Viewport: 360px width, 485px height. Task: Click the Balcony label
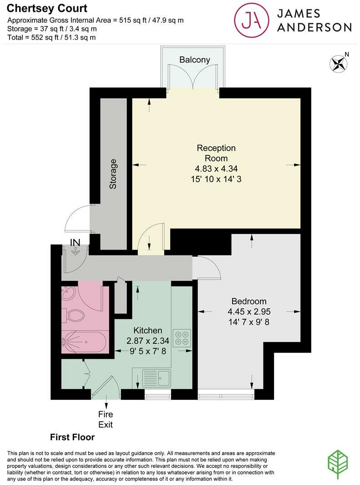194,60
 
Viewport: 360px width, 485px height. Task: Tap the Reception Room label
216,153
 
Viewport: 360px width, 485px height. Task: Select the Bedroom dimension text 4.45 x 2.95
249,311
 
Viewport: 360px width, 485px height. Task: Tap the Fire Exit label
106,419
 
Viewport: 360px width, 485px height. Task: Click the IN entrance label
75,241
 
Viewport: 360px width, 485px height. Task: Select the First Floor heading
72,438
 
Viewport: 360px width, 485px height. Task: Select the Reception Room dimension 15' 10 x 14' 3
216,179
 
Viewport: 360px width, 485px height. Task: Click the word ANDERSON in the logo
314,28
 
